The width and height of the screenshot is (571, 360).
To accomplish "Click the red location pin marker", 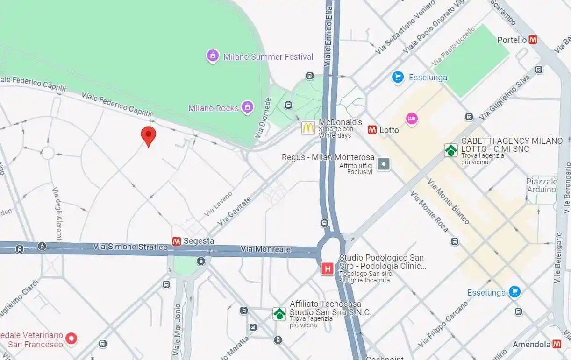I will pyautogui.click(x=149, y=135).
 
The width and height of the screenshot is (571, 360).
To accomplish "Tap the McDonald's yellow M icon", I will pyautogui.click(x=308, y=127).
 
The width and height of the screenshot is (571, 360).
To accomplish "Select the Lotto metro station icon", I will pyautogui.click(x=372, y=130).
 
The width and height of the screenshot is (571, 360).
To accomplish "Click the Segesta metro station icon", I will pyautogui.click(x=177, y=241).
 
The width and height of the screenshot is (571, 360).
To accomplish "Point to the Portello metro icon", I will pyautogui.click(x=533, y=40).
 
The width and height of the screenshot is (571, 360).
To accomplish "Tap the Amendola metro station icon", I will pyautogui.click(x=557, y=344).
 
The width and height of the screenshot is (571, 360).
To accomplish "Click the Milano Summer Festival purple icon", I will pyautogui.click(x=213, y=56).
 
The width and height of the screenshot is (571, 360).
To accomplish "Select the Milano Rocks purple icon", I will pyautogui.click(x=247, y=107).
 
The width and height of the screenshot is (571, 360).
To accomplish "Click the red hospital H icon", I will pyautogui.click(x=328, y=268).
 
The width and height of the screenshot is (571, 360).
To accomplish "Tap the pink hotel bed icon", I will pyautogui.click(x=412, y=119).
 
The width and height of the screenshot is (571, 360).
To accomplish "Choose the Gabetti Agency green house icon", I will pyautogui.click(x=451, y=150).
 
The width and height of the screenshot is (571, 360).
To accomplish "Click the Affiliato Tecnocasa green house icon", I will pyautogui.click(x=279, y=313).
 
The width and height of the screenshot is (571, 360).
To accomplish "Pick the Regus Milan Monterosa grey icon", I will pyautogui.click(x=384, y=164).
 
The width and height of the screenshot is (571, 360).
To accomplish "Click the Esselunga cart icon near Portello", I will pyautogui.click(x=398, y=78).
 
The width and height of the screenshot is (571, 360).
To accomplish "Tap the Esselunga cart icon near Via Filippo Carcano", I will pyautogui.click(x=515, y=292).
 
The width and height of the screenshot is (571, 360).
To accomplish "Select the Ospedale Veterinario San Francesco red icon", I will pyautogui.click(x=71, y=339).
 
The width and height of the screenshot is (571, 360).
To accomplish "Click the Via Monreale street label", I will pyautogui.click(x=266, y=249).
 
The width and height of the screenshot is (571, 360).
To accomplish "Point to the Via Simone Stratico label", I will pyautogui.click(x=130, y=247).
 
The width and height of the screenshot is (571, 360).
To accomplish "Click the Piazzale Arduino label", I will pyautogui.click(x=542, y=185).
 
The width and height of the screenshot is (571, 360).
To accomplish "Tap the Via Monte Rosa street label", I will pyautogui.click(x=429, y=212).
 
